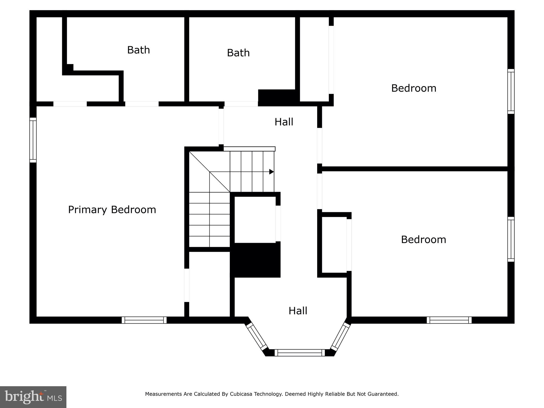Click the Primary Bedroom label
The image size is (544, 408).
point(112,210)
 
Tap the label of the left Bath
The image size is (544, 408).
point(138,50)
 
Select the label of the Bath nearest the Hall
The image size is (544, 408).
point(238,53)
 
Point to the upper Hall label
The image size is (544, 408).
point(284,122)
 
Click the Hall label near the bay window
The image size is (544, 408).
point(298,311)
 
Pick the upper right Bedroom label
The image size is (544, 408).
point(414,88)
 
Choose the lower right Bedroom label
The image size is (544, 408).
point(423,240)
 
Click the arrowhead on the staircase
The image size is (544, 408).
point(271,172)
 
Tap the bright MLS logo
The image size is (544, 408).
point(33,397)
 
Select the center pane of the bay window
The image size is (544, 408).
point(300,353)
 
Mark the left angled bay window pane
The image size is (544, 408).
point(257,336)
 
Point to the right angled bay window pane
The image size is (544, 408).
point(340,336)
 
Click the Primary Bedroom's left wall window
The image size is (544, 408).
point(33,140)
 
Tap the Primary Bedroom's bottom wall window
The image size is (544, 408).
point(144,320)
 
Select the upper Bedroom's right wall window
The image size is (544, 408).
point(511,91)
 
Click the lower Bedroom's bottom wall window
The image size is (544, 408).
point(449,320)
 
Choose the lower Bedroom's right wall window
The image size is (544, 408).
point(511,239)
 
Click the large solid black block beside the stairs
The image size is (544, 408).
point(255,260)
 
